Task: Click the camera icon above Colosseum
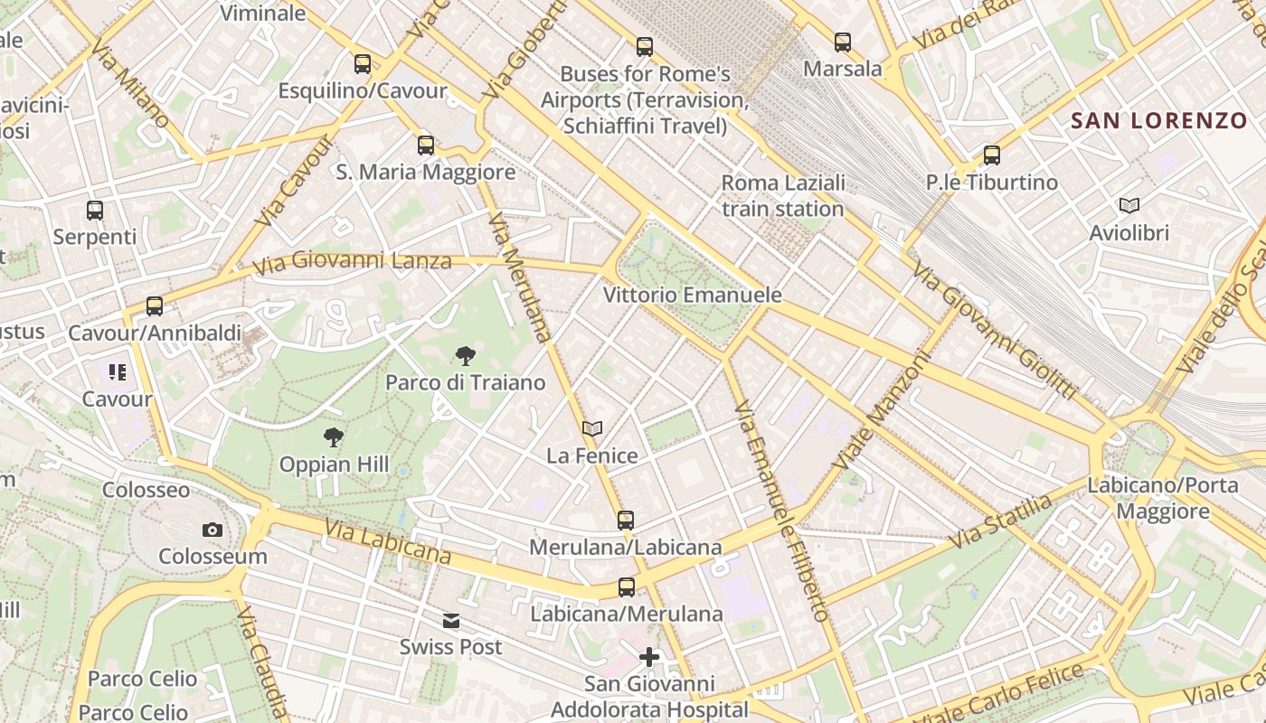pos(213,530)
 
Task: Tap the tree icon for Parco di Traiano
pos(465,356)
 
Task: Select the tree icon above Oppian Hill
pos(334,438)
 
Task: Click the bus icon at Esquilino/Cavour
pos(363,63)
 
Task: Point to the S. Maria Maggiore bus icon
pos(426,145)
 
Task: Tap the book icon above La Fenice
pos(592,428)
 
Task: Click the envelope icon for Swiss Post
pos(450,621)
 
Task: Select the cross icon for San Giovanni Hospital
pos(648,657)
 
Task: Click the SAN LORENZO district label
pos(1158,120)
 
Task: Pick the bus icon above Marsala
pos(843,42)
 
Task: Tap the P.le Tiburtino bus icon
pos(992,155)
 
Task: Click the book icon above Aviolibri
pos(1129,205)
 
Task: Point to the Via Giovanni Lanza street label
pos(352,263)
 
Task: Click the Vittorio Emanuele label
pos(692,296)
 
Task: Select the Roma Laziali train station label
pos(783,196)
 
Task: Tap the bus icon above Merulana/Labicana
pos(626,520)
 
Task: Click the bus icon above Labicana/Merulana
pos(626,587)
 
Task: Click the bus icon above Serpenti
pos(95,210)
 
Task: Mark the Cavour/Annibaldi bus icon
pos(155,306)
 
